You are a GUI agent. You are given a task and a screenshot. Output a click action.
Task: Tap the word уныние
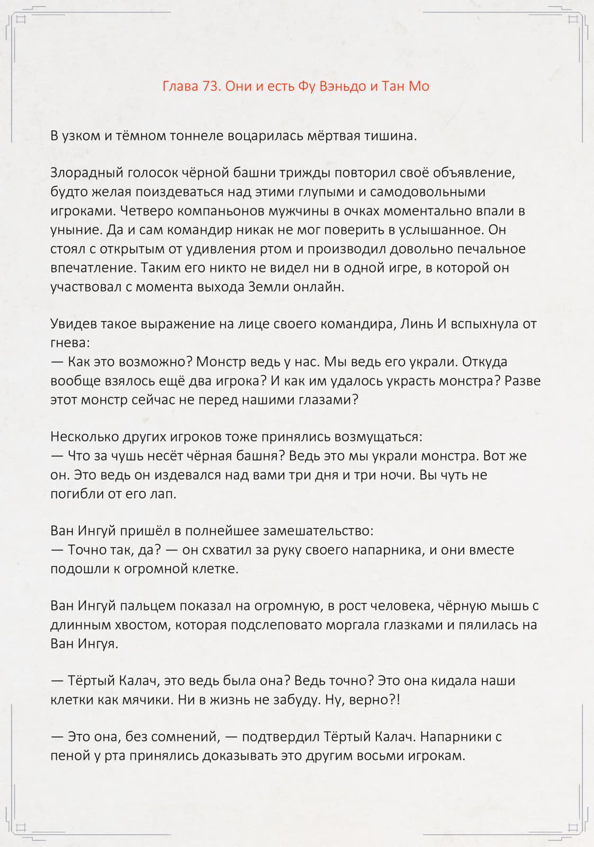coord(75,230)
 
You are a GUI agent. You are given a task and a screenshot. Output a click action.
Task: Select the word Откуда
coord(484,362)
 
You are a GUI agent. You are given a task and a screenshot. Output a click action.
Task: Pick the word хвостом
coord(143,625)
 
